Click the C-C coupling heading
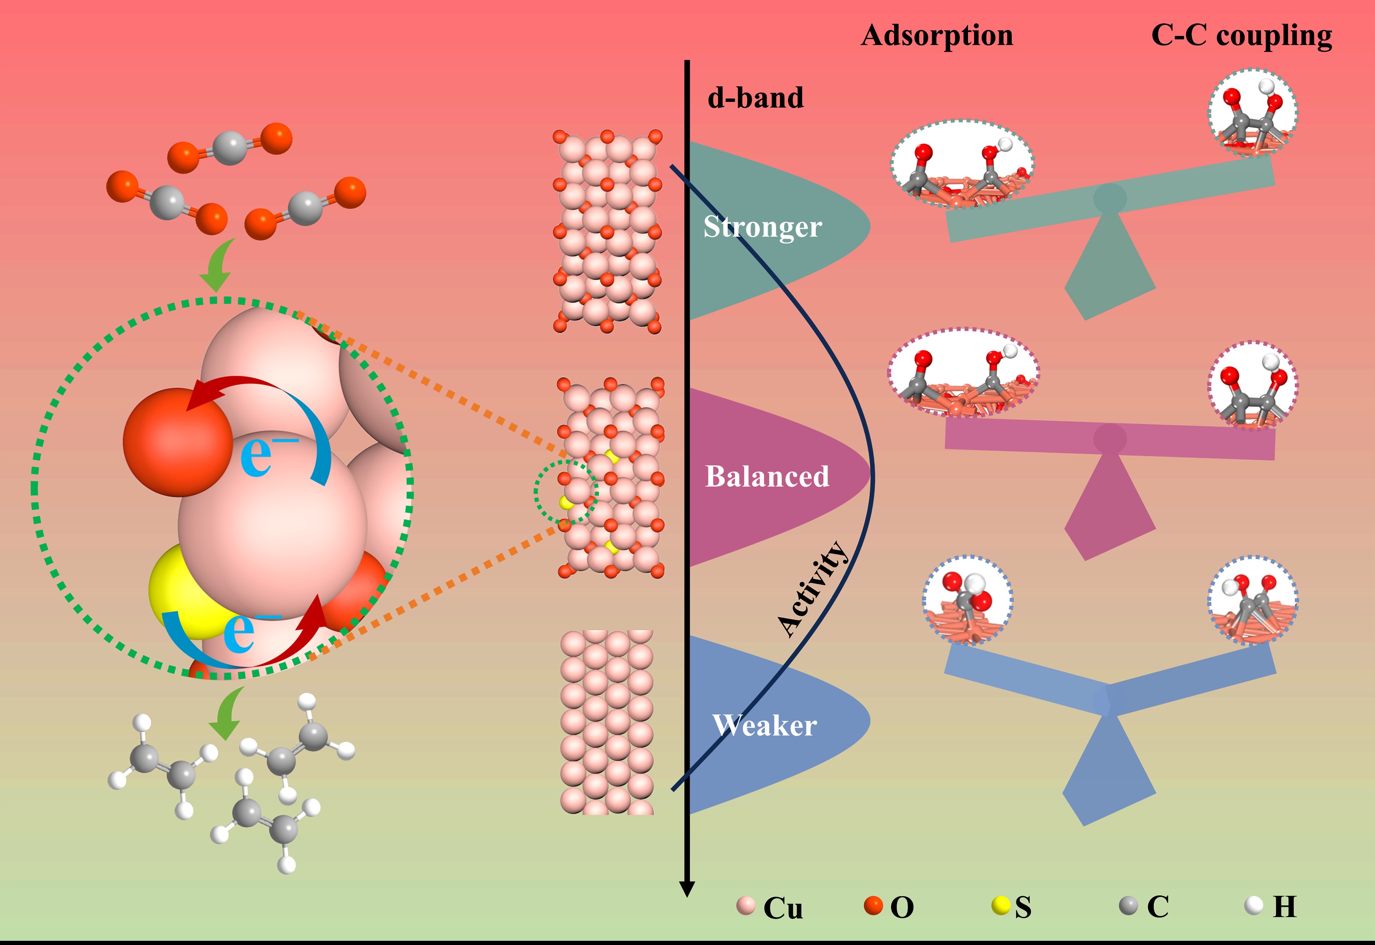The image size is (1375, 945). tap(1241, 36)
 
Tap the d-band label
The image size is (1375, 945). tap(755, 98)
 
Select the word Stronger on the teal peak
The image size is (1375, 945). tap(762, 227)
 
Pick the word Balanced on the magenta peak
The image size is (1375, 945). tap(767, 477)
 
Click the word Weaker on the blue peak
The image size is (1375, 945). tap(764, 725)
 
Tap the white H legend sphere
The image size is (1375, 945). tap(1254, 905)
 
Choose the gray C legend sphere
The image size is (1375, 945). tap(1128, 905)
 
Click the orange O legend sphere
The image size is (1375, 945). tap(873, 905)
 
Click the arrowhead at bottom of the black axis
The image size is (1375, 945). tap(687, 888)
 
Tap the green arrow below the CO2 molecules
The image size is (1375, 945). tap(217, 267)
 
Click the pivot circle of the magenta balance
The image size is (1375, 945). tap(1109, 439)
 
